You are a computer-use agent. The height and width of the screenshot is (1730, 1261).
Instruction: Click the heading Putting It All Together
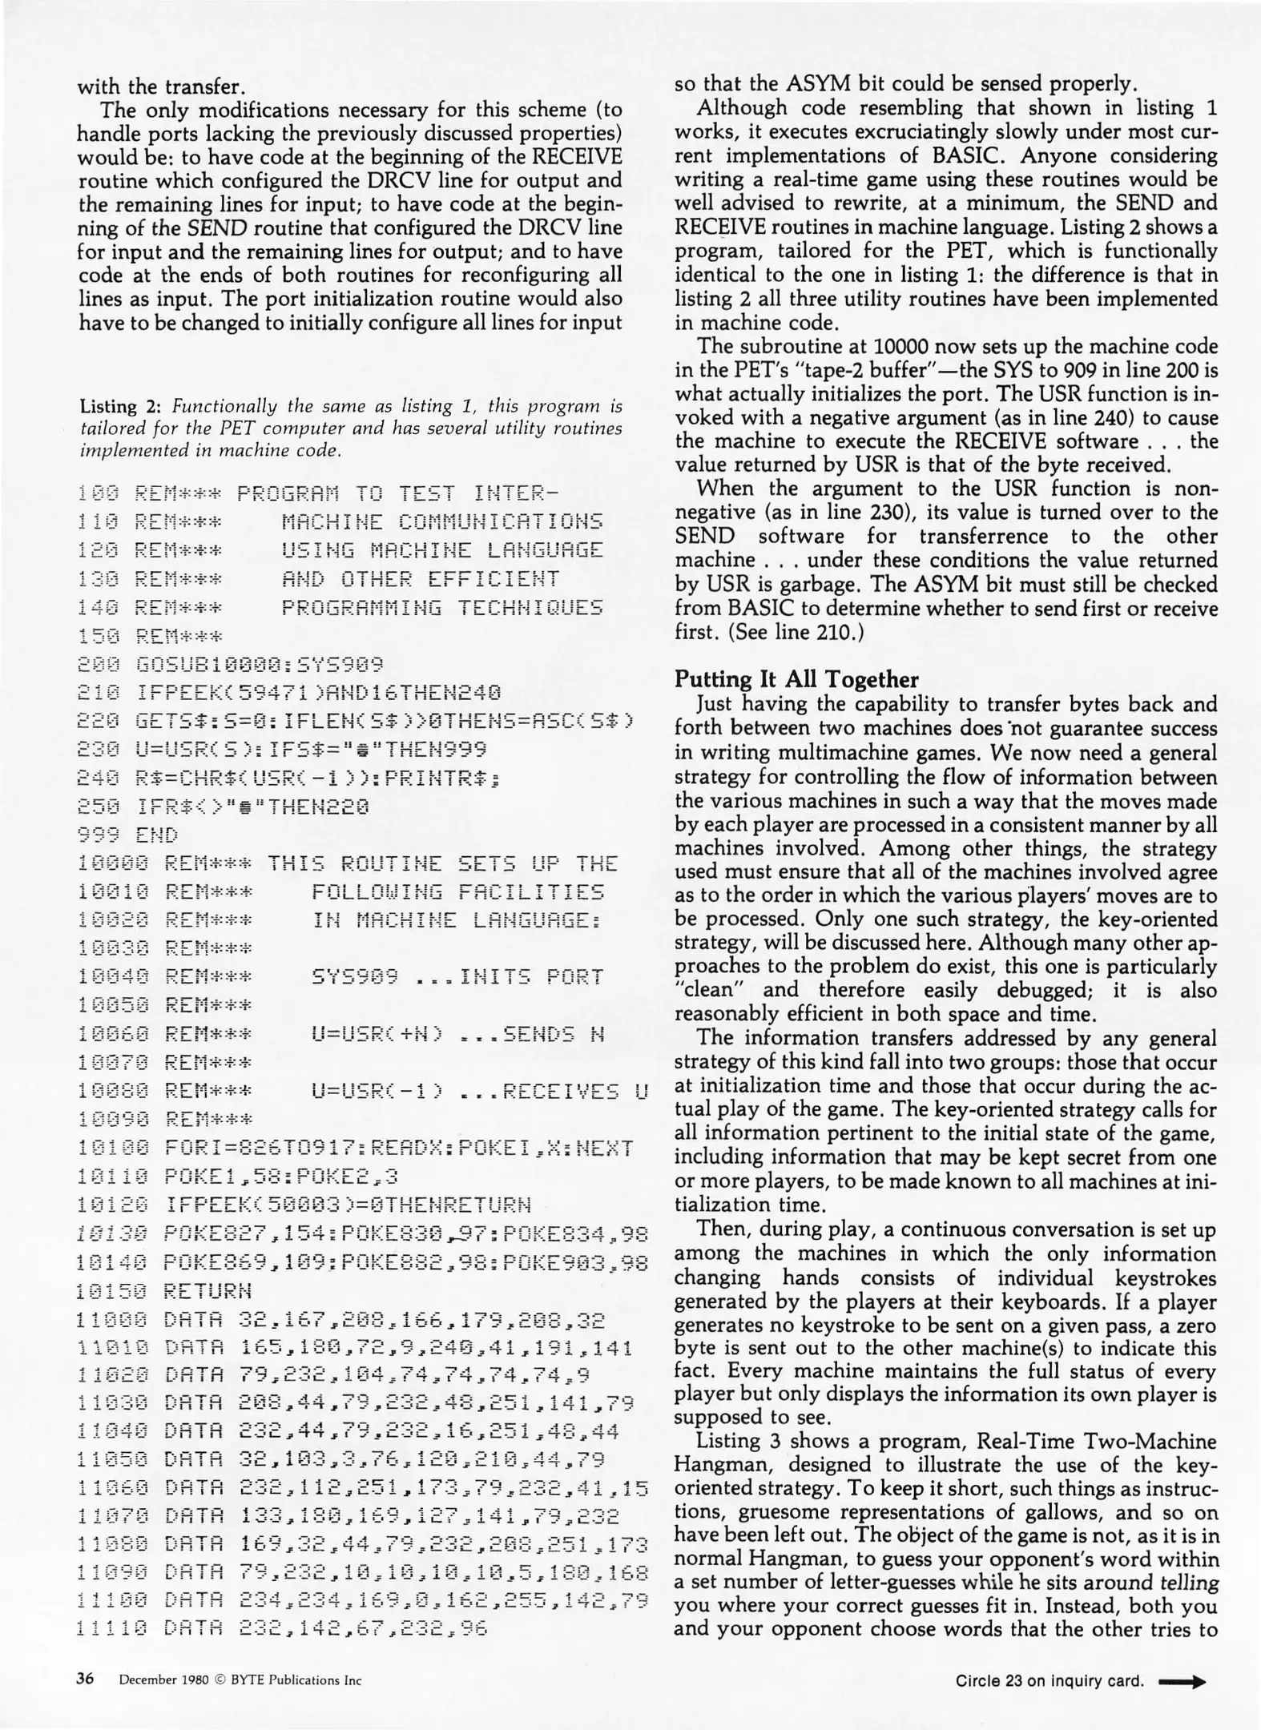tap(796, 680)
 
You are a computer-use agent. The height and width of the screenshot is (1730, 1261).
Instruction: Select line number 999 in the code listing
tap(97, 836)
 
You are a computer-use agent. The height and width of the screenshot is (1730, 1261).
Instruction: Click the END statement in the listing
tap(157, 836)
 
